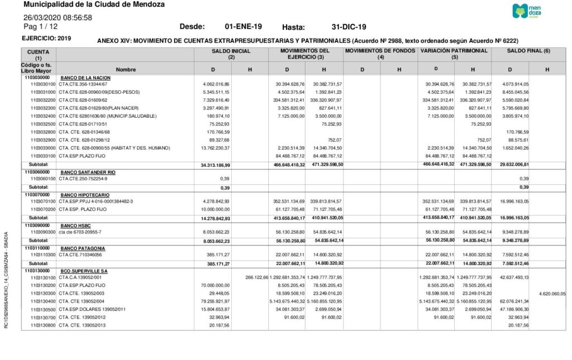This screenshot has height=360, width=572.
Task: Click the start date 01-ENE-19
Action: pos(243,27)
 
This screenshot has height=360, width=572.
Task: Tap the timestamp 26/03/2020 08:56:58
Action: pos(58,17)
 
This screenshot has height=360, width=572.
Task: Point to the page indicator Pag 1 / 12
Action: pos(40,26)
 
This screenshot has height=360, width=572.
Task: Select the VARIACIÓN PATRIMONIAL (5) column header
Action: pos(454,54)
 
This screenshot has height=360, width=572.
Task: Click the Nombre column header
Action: pos(126,69)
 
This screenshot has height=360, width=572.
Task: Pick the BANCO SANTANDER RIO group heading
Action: pos(88,172)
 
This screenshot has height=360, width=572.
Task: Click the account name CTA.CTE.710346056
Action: pos(80,255)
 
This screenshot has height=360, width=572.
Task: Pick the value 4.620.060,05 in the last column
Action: pos(552,292)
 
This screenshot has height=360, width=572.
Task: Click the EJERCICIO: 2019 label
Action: pos(46,38)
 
